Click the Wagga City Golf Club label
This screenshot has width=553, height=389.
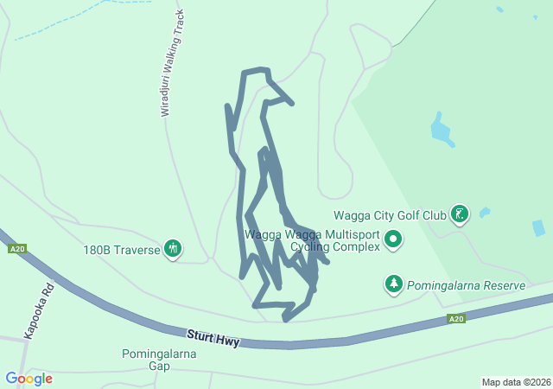coord(390,215)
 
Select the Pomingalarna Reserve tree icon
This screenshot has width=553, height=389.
coord(394,284)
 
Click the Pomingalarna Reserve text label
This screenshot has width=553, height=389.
coord(467,285)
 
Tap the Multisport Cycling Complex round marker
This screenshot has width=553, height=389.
coord(394,239)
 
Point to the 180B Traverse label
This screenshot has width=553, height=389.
coord(122,250)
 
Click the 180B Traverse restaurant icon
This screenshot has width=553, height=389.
coord(173,249)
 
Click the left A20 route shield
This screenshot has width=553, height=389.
coord(16,249)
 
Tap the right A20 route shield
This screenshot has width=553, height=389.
coord(456,319)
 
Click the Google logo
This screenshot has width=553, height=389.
coord(29,379)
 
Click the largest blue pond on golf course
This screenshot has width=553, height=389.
coord(441,131)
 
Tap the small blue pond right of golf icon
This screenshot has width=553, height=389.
coord(485,212)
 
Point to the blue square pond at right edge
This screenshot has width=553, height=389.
coord(538,228)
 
